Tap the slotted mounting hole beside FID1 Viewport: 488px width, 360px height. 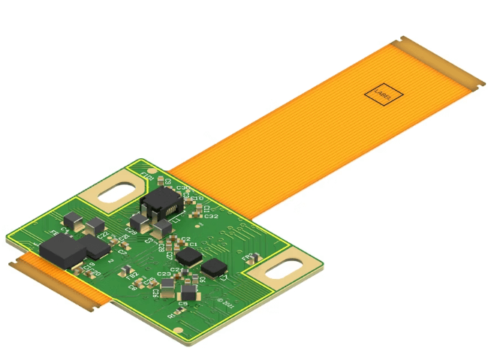point(119,190)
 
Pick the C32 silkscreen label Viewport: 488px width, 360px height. point(211,216)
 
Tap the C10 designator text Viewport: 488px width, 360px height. point(197,198)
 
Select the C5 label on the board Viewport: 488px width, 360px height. point(183,304)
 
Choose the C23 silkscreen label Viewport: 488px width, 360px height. point(164,274)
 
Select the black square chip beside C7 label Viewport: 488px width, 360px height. point(215,266)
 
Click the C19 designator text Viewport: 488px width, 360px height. point(89,265)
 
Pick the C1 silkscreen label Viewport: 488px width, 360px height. point(192,244)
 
